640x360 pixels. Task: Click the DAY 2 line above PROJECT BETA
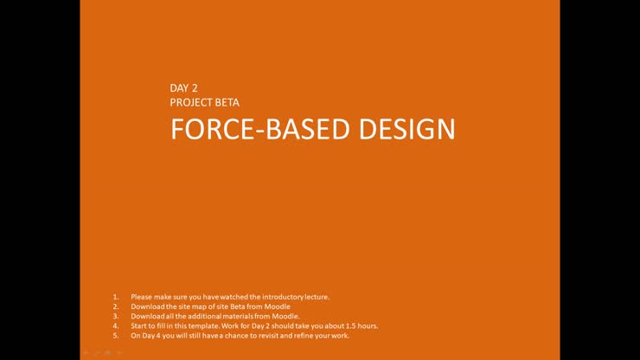click(184, 87)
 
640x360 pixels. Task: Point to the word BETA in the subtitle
click(227, 102)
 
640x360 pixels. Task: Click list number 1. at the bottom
click(116, 297)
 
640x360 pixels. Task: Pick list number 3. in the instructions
click(116, 316)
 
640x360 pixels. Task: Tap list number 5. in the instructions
click(116, 335)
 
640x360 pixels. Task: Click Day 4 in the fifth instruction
click(150, 335)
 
